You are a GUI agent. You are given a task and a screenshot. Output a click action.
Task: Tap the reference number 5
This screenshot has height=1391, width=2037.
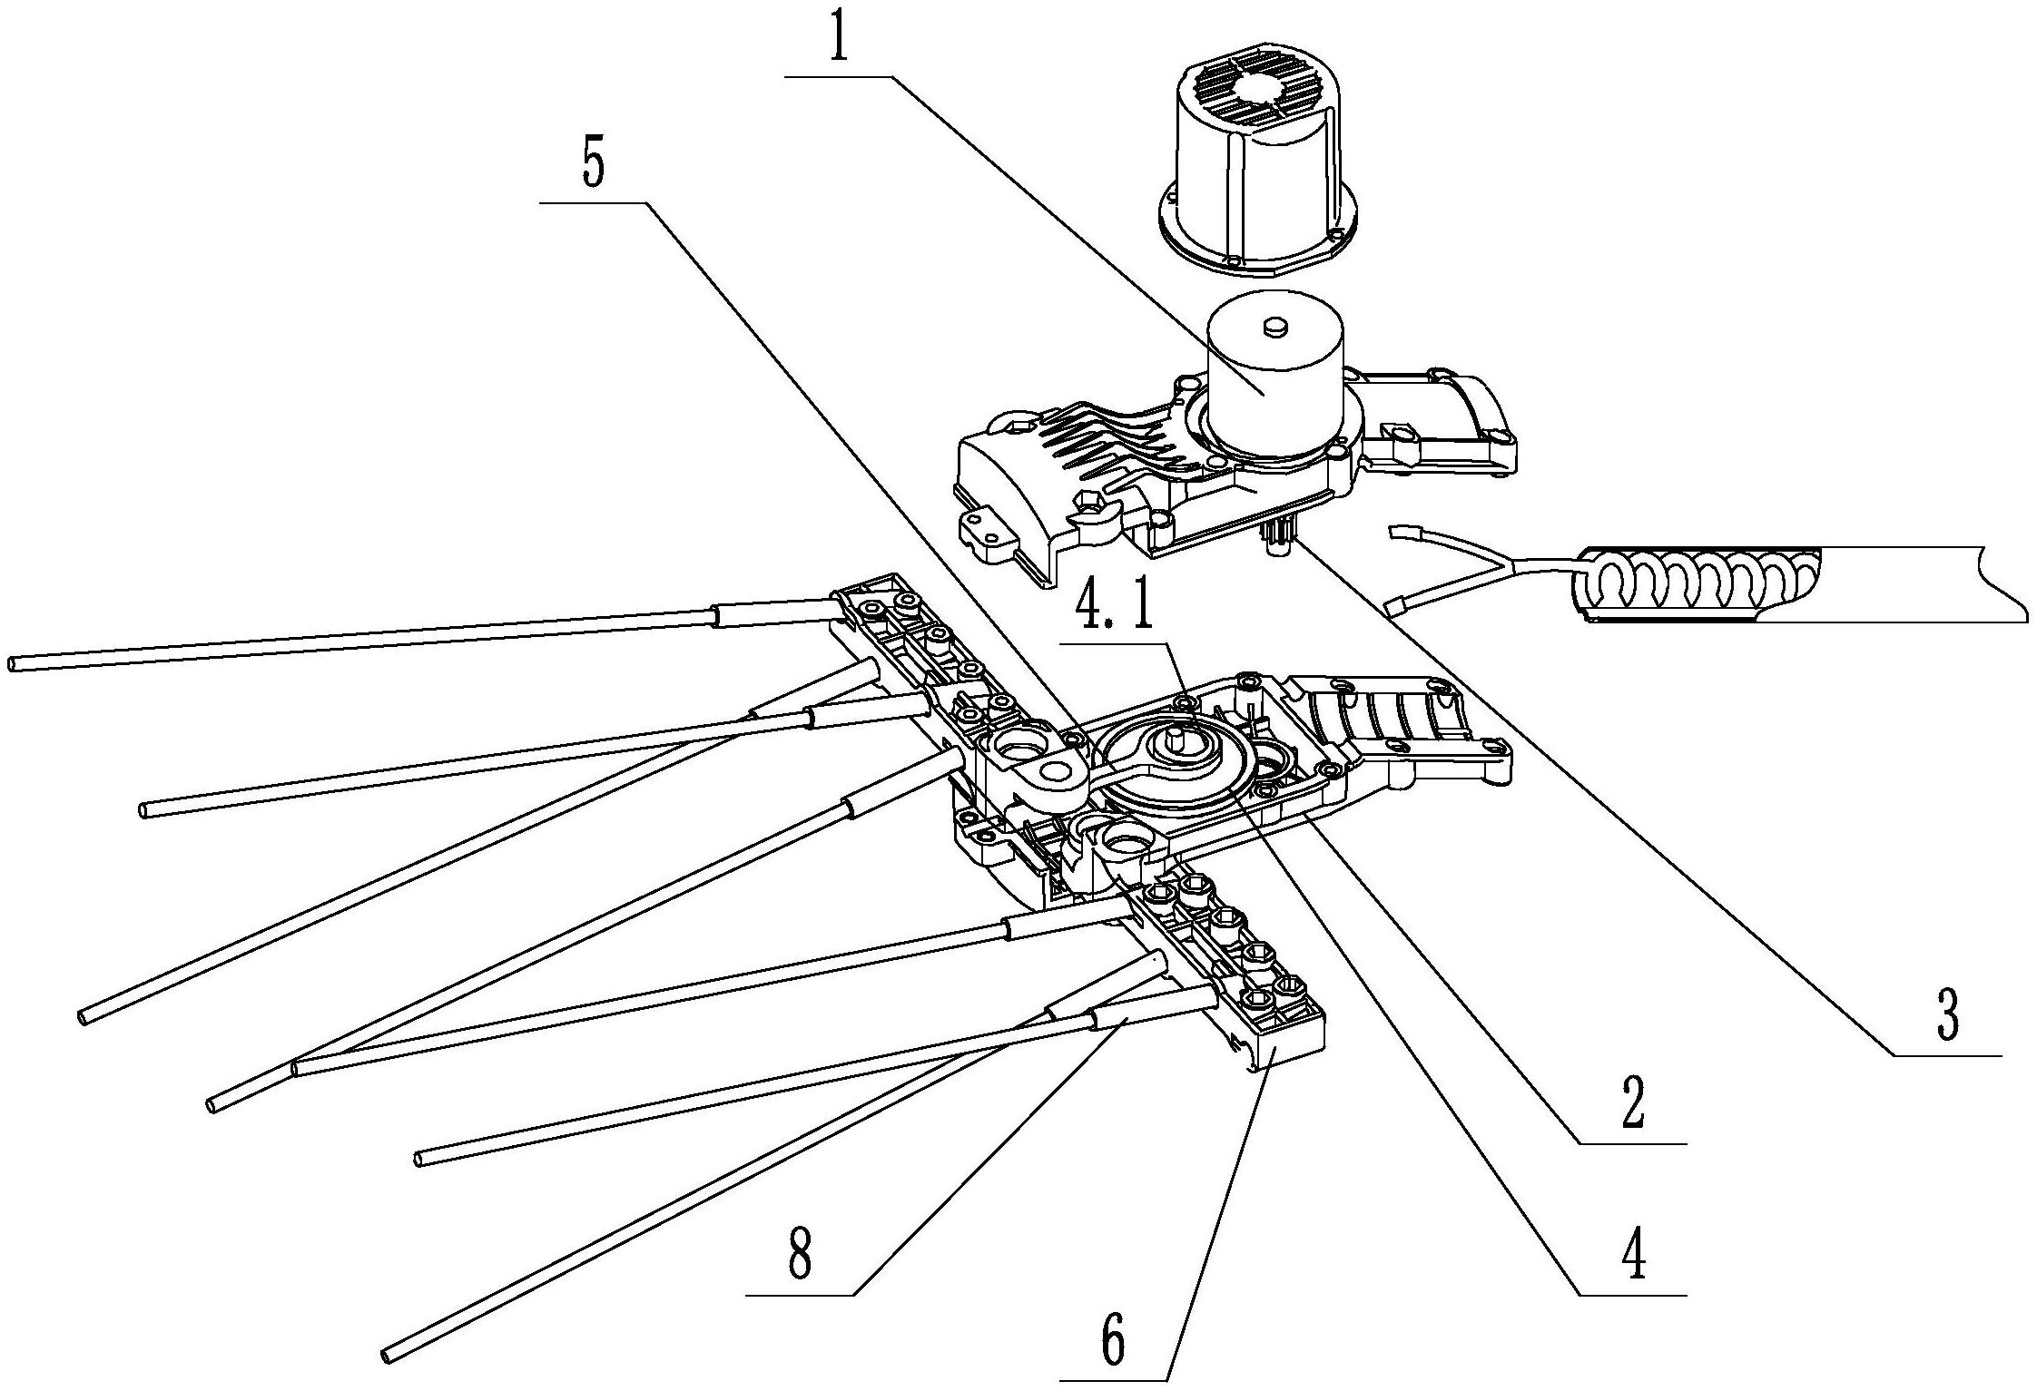click(x=593, y=165)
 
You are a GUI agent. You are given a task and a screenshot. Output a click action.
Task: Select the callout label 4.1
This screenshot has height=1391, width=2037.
click(x=1115, y=611)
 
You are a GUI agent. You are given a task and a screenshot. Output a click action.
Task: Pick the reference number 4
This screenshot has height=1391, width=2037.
click(x=1634, y=1256)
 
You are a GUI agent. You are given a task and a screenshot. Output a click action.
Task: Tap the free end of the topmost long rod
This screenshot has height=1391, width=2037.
click(x=14, y=664)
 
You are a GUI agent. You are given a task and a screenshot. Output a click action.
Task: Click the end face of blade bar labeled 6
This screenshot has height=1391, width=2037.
click(x=1289, y=1051)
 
